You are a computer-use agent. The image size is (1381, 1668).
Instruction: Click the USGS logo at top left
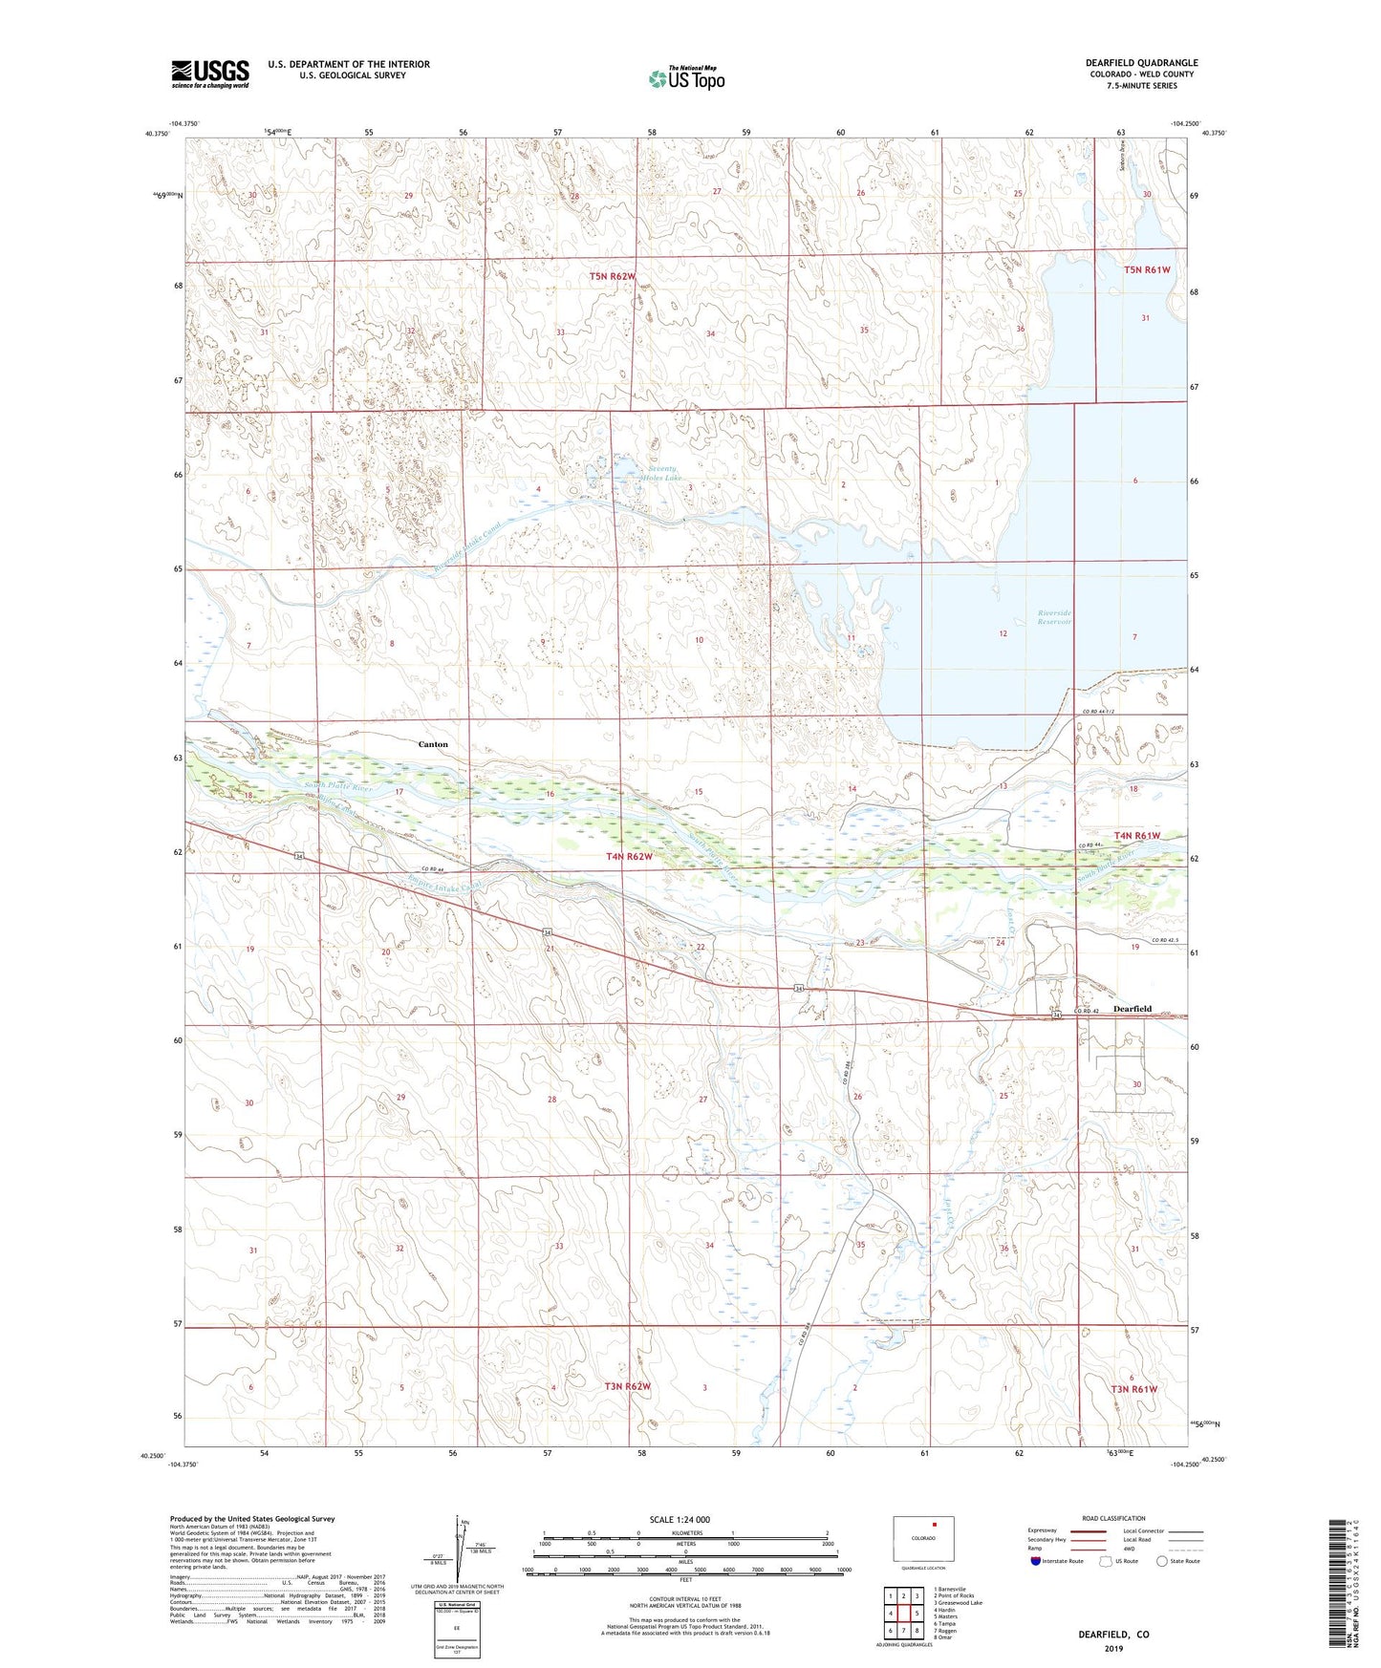pos(210,74)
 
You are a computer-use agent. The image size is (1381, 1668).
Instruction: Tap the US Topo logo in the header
pos(686,78)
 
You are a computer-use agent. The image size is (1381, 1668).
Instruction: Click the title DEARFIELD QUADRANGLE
pos(1141,63)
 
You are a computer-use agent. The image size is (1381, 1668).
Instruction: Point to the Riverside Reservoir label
pos(1054,617)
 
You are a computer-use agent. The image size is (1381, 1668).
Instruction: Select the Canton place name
pos(433,744)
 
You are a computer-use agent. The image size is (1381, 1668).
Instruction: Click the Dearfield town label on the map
pos(1132,1009)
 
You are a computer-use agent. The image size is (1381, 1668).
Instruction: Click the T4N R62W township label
pos(629,857)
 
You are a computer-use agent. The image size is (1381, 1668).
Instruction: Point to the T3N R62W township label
pos(627,1386)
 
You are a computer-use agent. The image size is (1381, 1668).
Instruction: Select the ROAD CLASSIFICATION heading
pos(1113,1518)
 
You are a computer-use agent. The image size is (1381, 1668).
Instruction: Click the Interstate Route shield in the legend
pos(1037,1561)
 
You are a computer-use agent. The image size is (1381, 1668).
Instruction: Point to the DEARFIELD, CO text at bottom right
pos(1113,1635)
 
